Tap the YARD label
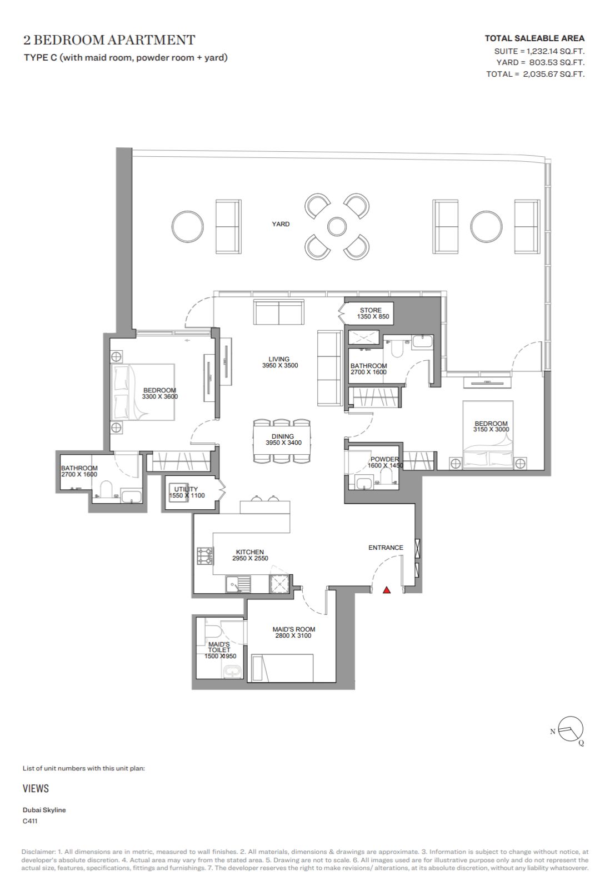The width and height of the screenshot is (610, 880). coord(281,224)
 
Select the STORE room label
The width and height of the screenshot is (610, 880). coord(371,310)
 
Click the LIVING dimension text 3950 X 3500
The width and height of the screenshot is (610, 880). coord(280,365)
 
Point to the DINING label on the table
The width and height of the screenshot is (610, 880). coord(283,436)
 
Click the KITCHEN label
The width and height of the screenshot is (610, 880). coord(249,552)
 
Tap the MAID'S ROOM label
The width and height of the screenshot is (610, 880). coord(294,629)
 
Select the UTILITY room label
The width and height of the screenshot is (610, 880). coord(186,489)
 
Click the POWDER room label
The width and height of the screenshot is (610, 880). coord(384,459)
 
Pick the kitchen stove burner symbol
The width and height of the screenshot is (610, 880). coord(206,555)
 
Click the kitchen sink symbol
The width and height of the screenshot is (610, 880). coord(238,584)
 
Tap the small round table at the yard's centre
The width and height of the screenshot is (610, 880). coord(337,227)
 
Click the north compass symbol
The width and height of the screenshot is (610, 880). coord(570,729)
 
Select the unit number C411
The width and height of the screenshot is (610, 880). coord(30,821)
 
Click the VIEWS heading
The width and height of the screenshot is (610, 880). coord(36,788)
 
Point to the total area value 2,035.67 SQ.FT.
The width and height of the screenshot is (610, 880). coord(554,74)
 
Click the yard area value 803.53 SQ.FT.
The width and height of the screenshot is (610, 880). coord(557,62)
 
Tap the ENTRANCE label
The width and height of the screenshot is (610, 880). coord(386,548)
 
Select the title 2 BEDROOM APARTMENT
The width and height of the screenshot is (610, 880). coord(109,40)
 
